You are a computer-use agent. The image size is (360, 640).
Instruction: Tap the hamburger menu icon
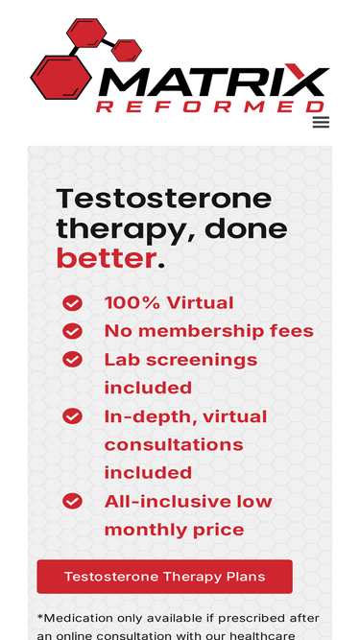point(321,122)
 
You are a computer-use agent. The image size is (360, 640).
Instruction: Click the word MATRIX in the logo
point(213,81)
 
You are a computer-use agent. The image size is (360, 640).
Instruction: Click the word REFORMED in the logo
point(210,107)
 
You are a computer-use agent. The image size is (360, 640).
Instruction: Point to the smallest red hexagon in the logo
point(127,49)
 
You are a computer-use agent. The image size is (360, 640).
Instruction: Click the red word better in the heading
point(106,258)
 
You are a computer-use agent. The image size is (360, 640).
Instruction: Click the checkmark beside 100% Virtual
point(72,303)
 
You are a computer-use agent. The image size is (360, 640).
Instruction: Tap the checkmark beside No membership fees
point(72,331)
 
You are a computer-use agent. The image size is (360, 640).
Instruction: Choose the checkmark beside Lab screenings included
point(72,359)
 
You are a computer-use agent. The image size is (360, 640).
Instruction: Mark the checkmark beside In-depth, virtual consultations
point(72,415)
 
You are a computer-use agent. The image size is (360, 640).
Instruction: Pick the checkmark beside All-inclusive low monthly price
point(72,501)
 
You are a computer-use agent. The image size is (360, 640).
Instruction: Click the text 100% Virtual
point(168,303)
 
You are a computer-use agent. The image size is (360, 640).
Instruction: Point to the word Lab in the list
point(120,360)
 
